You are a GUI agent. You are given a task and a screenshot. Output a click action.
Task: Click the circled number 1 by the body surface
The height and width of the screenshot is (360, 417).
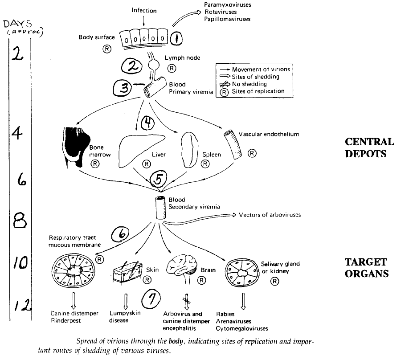pyautogui.click(x=176, y=39)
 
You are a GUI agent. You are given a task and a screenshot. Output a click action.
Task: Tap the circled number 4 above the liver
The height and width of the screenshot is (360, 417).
pyautogui.click(x=147, y=123)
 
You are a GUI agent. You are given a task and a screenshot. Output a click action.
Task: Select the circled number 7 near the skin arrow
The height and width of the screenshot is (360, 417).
pyautogui.click(x=151, y=299)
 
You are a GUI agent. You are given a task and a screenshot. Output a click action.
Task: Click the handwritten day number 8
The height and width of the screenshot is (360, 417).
pyautogui.click(x=20, y=221)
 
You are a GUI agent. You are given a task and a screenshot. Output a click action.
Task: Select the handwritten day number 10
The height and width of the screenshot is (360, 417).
pyautogui.click(x=20, y=262)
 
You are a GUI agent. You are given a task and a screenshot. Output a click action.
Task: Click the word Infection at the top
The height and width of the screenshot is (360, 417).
pyautogui.click(x=144, y=11)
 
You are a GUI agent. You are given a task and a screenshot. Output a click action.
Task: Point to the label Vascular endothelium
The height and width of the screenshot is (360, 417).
pyautogui.click(x=269, y=134)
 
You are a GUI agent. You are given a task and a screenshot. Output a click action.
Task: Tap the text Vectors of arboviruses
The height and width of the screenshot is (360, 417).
pyautogui.click(x=270, y=215)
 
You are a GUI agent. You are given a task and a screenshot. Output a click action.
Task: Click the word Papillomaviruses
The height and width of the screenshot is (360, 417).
pyautogui.click(x=227, y=19)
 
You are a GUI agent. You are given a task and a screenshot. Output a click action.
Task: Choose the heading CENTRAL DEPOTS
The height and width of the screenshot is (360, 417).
pyautogui.click(x=369, y=147)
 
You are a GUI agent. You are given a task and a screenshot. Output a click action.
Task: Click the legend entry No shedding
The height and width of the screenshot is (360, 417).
pyautogui.click(x=249, y=84)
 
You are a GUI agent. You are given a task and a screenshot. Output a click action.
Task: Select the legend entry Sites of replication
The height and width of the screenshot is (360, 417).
pyautogui.click(x=258, y=91)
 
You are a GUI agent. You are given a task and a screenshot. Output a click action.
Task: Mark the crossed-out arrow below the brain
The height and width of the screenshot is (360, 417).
pyautogui.click(x=187, y=302)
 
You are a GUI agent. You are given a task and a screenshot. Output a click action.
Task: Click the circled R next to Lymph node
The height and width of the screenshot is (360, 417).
pyautogui.click(x=172, y=68)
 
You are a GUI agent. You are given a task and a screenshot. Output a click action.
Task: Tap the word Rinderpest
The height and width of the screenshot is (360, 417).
pyautogui.click(x=65, y=321)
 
